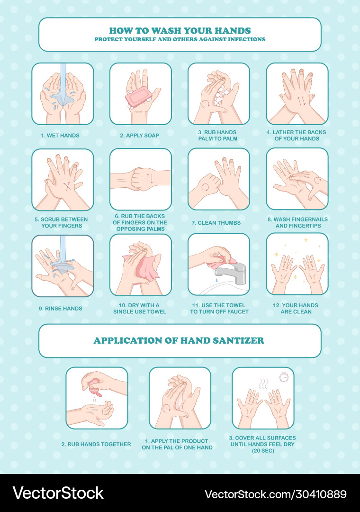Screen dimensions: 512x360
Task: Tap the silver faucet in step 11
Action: pos(232,270)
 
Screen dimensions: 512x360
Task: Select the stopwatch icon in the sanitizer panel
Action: pos(284,376)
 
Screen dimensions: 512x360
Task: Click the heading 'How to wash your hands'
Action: pos(180,30)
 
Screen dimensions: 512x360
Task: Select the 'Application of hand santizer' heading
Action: pos(179,340)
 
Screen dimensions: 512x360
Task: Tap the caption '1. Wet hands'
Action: pos(60,136)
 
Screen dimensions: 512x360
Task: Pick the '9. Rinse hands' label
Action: pos(60,309)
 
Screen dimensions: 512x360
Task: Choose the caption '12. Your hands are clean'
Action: pos(297,309)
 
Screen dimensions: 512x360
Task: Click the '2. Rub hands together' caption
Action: pos(96,444)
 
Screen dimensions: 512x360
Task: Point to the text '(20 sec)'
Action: pos(263,451)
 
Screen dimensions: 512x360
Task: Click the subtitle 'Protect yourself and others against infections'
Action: pos(180,39)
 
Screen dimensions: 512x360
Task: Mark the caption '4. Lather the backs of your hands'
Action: pos(297,136)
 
